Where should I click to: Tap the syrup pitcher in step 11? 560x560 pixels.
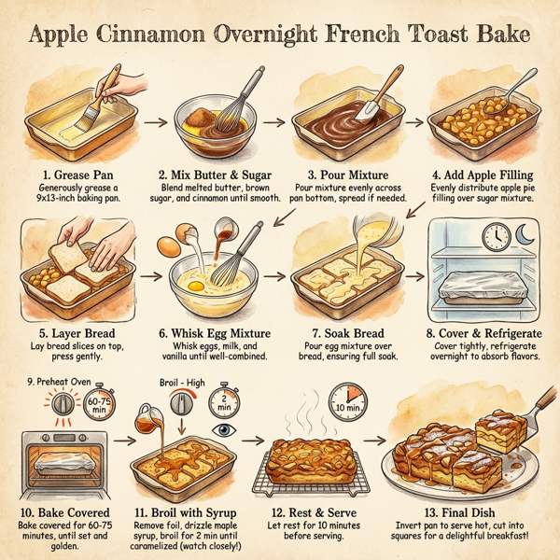[x=152, y=418]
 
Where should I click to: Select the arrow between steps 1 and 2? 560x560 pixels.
[x=156, y=120]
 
